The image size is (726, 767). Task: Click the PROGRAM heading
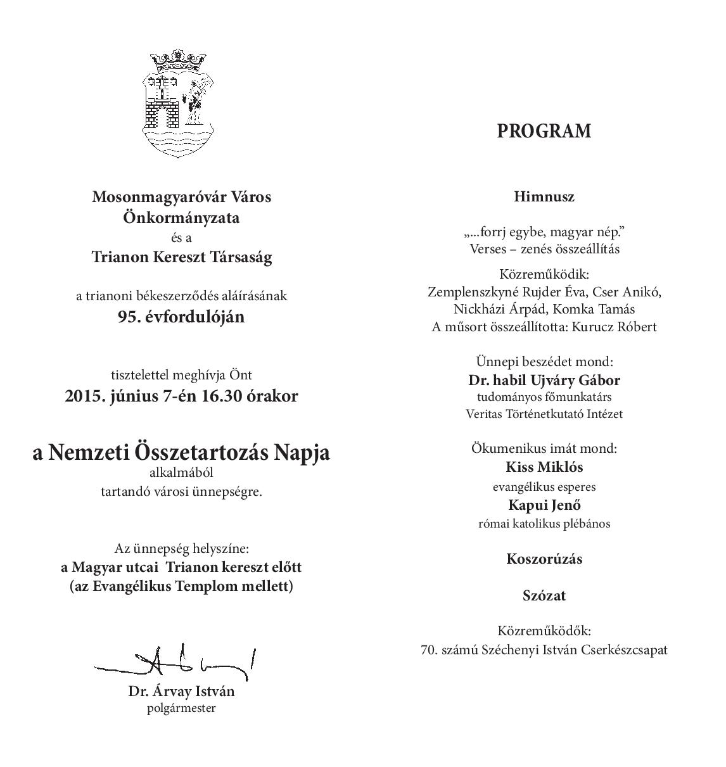pyautogui.click(x=544, y=131)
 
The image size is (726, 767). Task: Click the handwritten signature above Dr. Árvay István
pyautogui.click(x=177, y=662)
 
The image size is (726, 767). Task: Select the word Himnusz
pyautogui.click(x=544, y=196)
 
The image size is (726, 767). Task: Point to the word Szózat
pyautogui.click(x=544, y=595)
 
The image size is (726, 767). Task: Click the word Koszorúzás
pyautogui.click(x=544, y=559)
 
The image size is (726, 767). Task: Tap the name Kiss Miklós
pyautogui.click(x=544, y=467)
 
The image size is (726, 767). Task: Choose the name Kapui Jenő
pyautogui.click(x=544, y=505)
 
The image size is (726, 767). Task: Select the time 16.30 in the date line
pyautogui.click(x=223, y=396)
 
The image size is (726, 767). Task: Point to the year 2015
pyautogui.click(x=84, y=396)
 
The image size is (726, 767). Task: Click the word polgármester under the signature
pyautogui.click(x=181, y=708)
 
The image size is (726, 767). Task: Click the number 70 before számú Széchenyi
pyautogui.click(x=429, y=650)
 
